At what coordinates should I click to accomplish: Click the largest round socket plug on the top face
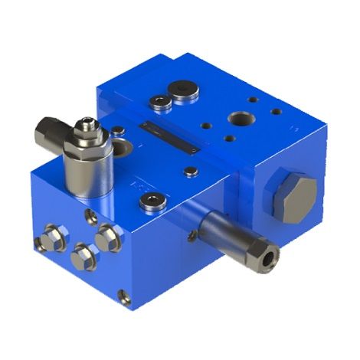pos(185,92)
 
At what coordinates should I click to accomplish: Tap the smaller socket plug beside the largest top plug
pos(160,101)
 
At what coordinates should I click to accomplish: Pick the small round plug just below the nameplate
pos(191,172)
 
